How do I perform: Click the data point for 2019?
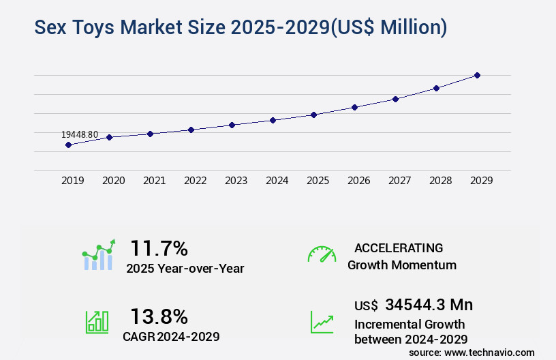pos(68,145)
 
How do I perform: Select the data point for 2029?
pos(477,75)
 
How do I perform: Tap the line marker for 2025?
pos(313,115)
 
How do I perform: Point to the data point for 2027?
pos(395,99)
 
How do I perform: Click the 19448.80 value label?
pos(79,134)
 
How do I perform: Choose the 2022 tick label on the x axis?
pos(196,181)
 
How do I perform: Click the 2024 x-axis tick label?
pos(277,181)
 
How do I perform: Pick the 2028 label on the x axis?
pos(441,181)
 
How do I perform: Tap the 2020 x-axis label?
pos(114,181)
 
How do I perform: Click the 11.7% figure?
pos(159,248)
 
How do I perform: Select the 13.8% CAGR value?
pos(159,316)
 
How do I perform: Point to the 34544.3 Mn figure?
pos(429,305)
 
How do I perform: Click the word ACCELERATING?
pos(399,248)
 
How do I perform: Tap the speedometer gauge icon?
pos(322,254)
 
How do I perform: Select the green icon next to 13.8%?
pos(97,322)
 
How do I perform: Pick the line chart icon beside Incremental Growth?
pos(322,322)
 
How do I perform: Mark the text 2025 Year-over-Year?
pos(185,269)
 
